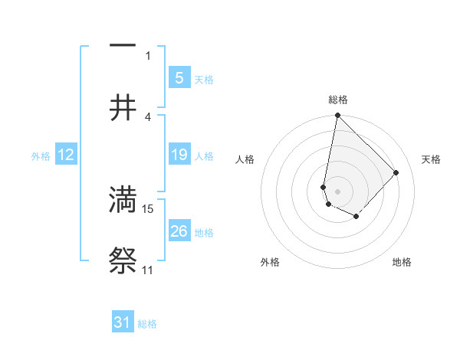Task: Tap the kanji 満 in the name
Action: tap(123, 199)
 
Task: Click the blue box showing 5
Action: tap(179, 77)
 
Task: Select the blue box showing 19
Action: tap(179, 155)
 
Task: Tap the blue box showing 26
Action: tap(179, 231)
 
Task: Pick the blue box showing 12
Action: tap(65, 155)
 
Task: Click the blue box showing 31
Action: tap(123, 322)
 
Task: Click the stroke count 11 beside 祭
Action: tap(147, 270)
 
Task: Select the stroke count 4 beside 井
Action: tap(148, 117)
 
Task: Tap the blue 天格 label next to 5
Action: tap(203, 80)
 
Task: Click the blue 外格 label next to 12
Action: tap(41, 156)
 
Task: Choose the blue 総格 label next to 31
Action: tap(147, 324)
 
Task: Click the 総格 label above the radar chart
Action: tap(337, 100)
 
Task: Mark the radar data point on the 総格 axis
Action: tap(337, 116)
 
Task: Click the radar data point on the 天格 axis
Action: tap(396, 173)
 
